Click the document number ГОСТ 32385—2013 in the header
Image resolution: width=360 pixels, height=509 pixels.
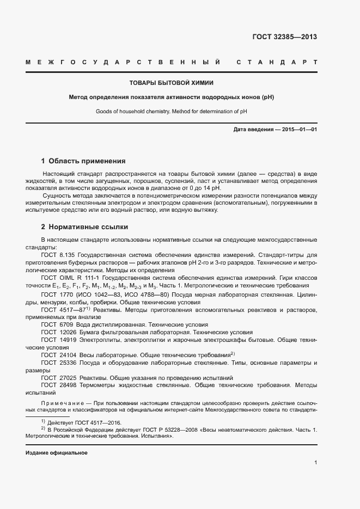coord(284,38)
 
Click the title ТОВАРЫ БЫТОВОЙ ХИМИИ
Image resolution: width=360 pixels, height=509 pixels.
coord(171,83)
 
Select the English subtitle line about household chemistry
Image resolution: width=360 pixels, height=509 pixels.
coord(171,111)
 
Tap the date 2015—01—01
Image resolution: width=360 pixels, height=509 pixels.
coord(297,130)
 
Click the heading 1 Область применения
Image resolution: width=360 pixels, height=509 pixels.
coord(83,161)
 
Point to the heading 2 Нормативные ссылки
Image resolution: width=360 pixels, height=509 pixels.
coord(84,227)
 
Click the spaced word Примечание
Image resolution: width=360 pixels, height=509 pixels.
coord(62,403)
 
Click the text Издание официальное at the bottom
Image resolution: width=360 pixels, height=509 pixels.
coord(57,453)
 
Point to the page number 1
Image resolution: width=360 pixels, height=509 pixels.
coord(316,463)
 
